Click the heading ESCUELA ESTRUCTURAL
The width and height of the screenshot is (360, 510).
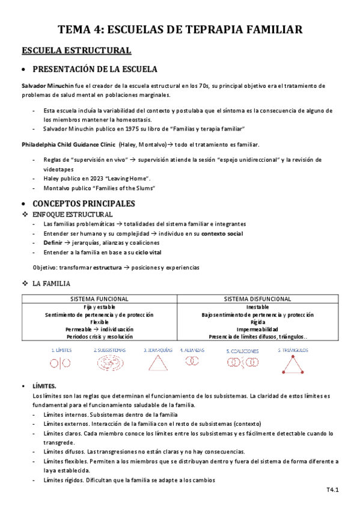(x=76, y=50)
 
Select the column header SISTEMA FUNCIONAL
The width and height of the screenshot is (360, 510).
(x=99, y=299)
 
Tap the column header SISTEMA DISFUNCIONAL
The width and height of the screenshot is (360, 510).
(x=257, y=299)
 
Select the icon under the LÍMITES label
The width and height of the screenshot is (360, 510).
(x=60, y=363)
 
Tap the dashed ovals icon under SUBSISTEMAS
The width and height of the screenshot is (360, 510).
(x=109, y=363)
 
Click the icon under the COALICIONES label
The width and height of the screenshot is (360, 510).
(x=243, y=362)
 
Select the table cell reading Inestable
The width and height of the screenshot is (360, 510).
(x=257, y=307)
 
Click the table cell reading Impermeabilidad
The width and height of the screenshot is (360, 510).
(x=257, y=330)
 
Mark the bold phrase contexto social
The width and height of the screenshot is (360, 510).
(x=222, y=233)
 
